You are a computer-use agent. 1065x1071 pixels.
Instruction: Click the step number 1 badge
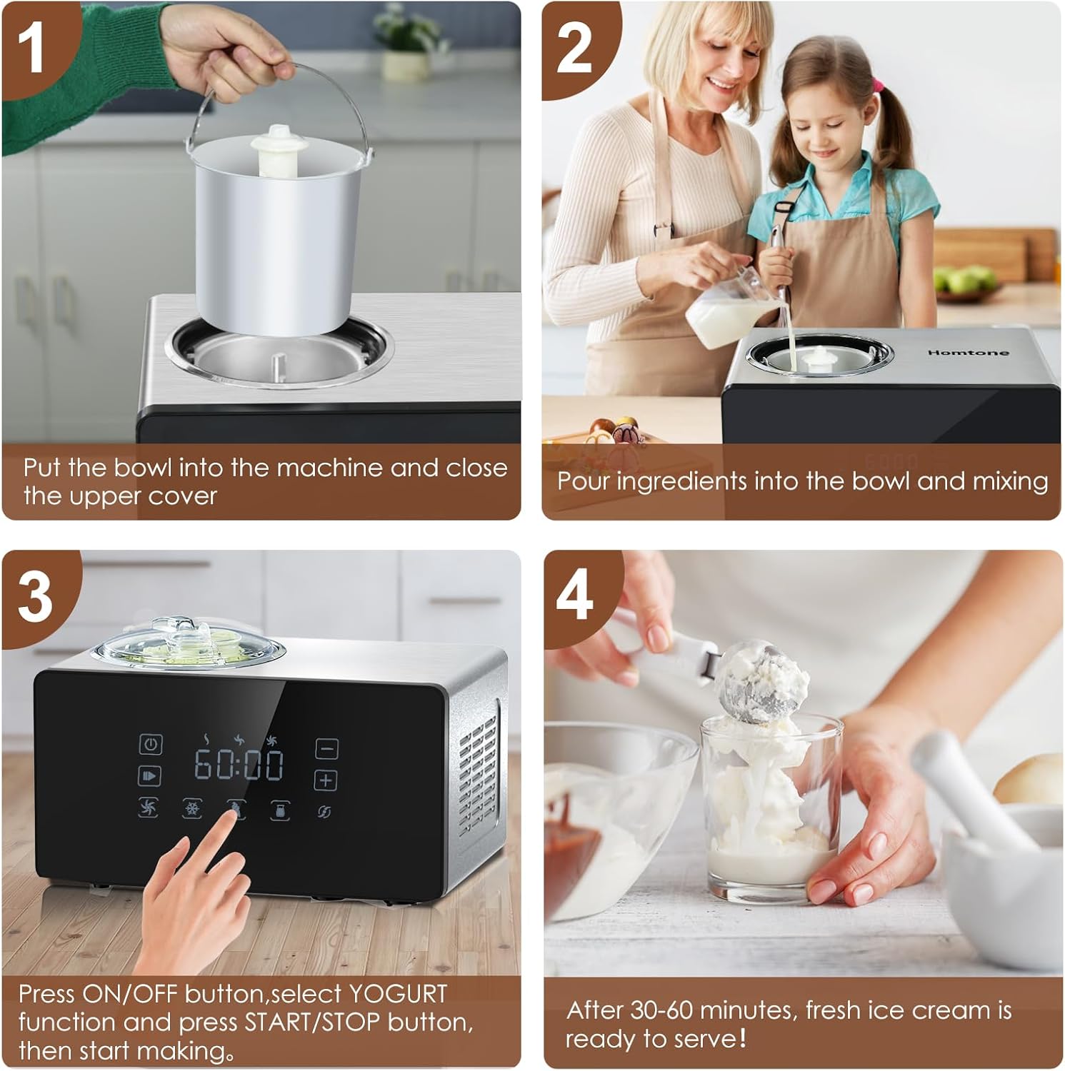click(32, 47)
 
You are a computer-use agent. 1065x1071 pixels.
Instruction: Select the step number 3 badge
click(34, 597)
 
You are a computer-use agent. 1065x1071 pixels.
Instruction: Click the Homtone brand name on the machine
click(968, 352)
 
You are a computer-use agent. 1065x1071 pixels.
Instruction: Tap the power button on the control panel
click(150, 744)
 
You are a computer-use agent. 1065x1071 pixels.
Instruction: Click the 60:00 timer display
click(239, 765)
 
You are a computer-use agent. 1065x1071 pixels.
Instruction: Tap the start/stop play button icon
click(149, 776)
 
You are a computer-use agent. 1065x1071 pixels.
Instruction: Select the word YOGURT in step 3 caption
click(397, 994)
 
